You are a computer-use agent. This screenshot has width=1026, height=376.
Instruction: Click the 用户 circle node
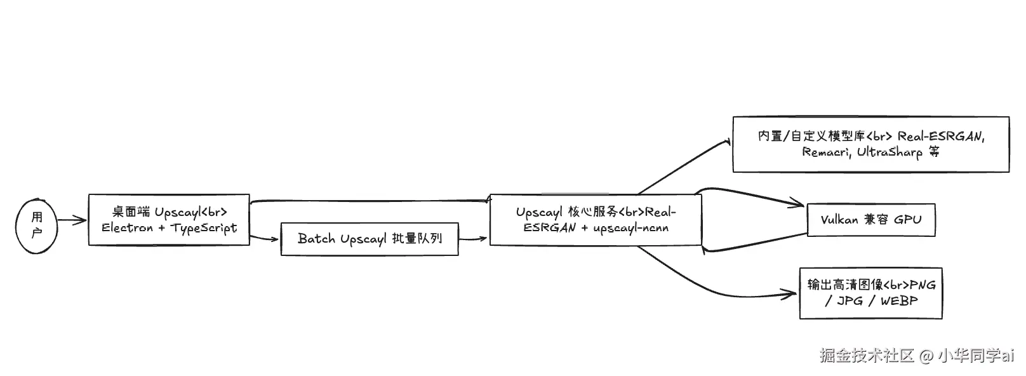(37, 225)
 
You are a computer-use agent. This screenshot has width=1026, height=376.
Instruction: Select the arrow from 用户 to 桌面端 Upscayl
(72, 220)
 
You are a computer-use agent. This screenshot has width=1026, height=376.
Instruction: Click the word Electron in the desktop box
(128, 227)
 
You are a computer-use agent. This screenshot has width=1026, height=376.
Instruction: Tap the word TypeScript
(204, 228)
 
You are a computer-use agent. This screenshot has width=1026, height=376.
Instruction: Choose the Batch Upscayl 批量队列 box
(370, 239)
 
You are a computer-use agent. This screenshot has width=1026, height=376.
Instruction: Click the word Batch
(316, 239)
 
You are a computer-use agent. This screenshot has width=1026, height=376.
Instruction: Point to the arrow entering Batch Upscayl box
(273, 239)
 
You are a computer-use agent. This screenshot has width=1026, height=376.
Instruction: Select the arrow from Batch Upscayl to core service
(474, 239)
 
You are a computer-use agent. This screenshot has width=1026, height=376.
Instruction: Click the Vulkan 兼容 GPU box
(870, 220)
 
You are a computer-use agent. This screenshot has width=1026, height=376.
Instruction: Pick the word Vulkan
(839, 220)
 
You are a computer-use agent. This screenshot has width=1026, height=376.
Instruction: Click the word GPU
(907, 220)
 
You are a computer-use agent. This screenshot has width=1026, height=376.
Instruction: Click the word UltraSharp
(889, 152)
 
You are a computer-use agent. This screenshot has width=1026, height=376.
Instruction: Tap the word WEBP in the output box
(899, 300)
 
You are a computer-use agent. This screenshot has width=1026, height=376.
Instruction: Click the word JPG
(850, 300)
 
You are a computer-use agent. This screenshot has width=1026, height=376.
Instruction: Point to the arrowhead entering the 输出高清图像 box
(792, 294)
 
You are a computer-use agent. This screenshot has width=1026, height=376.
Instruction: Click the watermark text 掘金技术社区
(867, 355)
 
